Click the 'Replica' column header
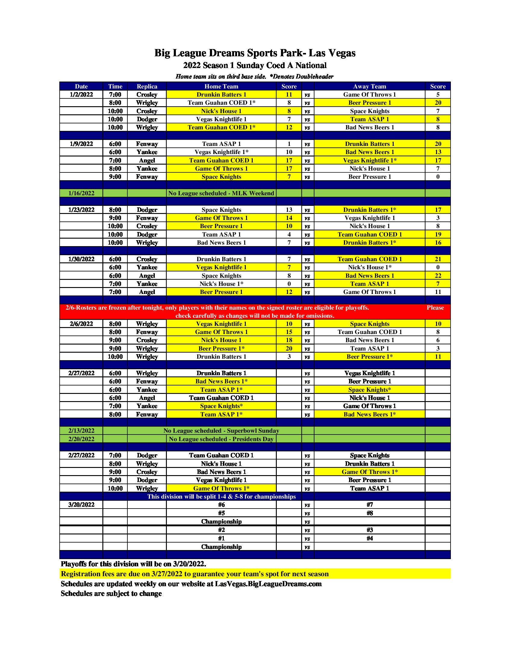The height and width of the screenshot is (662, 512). (147, 86)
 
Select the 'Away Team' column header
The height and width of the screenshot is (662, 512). (370, 86)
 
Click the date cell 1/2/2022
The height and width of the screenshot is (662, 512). (81, 94)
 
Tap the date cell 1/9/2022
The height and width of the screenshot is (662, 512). (81, 144)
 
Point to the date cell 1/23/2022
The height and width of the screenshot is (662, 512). (81, 210)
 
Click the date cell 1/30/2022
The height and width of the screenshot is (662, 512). (81, 259)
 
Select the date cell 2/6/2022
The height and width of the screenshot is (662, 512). (81, 324)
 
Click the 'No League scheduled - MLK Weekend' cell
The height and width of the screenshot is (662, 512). (221, 193)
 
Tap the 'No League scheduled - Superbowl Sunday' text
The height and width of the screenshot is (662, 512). (221, 431)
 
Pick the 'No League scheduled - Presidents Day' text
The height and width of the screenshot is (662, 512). (221, 439)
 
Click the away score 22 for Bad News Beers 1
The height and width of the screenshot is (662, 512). (438, 276)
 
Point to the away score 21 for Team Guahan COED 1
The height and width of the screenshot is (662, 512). (438, 259)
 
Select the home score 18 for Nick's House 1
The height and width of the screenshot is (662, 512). (289, 340)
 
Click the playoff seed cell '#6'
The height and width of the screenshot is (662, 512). (221, 505)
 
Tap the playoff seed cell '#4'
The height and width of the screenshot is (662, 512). (370, 538)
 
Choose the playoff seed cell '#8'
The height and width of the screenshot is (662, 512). (370, 513)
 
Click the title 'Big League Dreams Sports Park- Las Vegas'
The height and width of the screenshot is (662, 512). (255, 53)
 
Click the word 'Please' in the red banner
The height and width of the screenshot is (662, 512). (435, 308)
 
